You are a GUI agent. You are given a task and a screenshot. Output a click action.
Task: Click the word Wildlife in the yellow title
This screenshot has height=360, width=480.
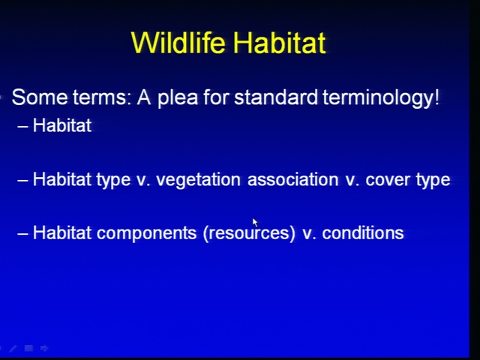click(x=178, y=43)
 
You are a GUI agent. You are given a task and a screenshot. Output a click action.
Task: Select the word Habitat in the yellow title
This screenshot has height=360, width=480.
click(x=279, y=43)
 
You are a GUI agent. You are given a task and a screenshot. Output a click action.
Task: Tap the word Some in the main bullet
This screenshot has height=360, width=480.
click(x=40, y=97)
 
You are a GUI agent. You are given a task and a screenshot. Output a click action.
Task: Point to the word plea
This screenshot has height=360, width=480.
click(x=178, y=98)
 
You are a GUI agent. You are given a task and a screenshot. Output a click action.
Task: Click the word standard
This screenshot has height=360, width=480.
click(x=276, y=97)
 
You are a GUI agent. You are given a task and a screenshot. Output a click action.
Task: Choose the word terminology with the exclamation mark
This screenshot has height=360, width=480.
click(x=381, y=98)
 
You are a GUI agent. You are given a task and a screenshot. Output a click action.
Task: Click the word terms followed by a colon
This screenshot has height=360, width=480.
click(x=103, y=98)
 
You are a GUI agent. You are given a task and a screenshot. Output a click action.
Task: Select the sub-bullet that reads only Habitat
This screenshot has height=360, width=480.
click(x=62, y=125)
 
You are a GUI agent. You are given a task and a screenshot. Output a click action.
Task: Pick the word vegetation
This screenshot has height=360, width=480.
click(x=198, y=180)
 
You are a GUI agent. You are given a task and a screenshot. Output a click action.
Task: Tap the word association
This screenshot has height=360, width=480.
click(x=293, y=179)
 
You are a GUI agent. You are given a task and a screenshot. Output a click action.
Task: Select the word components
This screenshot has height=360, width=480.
click(x=147, y=233)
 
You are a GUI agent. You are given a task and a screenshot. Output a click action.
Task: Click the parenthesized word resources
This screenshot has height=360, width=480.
click(x=249, y=233)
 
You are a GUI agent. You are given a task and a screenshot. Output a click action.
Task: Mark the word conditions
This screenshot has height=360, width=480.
click(x=363, y=233)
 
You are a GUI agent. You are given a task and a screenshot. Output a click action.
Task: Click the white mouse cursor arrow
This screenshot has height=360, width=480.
click(x=255, y=223)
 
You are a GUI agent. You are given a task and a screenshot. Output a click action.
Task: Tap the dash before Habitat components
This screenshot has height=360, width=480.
click(x=23, y=233)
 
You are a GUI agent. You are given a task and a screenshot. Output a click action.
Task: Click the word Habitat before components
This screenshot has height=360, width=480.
click(x=62, y=233)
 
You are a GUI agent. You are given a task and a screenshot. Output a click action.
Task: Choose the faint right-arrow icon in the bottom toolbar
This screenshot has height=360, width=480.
click(x=44, y=348)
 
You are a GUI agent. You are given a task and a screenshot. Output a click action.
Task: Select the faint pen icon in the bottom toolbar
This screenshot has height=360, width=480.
click(x=13, y=348)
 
